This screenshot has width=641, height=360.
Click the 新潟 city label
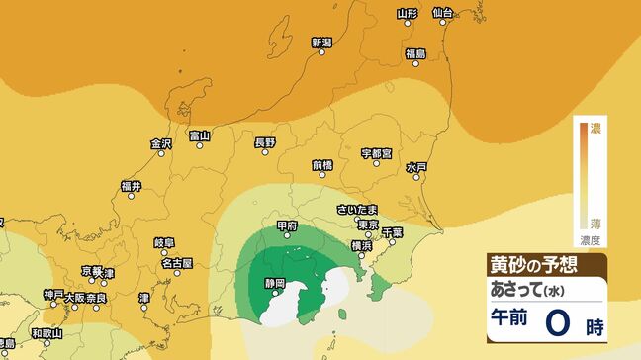[321, 43]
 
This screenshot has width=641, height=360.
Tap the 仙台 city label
[442, 12]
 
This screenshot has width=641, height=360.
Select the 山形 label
[408, 13]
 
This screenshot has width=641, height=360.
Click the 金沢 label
[161, 143]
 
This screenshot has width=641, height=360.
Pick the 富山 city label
[200, 135]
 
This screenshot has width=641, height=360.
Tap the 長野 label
[265, 142]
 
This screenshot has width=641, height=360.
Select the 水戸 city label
[416, 168]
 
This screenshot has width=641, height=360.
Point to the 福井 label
[132, 186]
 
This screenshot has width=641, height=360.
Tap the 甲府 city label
[287, 226]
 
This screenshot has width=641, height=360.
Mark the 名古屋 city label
[177, 263]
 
